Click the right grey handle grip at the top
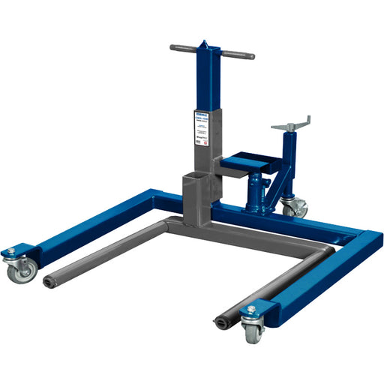pos(238,55)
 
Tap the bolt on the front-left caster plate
pos(10,250)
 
